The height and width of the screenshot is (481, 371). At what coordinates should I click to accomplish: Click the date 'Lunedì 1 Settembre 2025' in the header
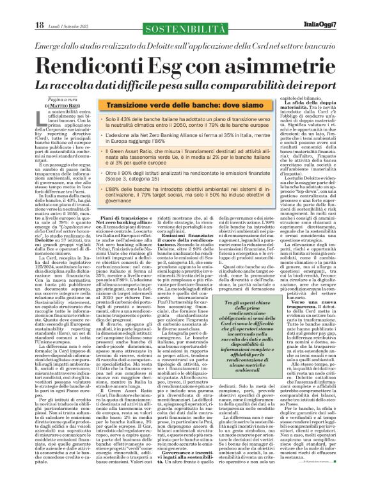tap(67, 8)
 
